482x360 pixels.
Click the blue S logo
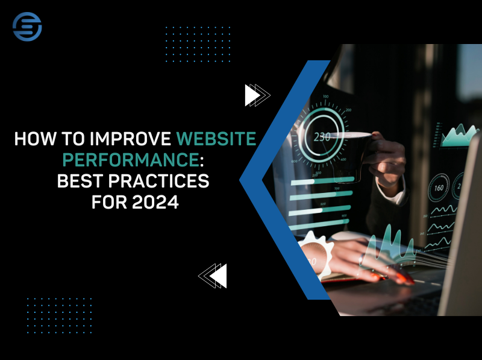coord(27,27)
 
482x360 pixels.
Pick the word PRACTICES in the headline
coord(167,180)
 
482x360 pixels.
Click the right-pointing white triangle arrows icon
coord(256,95)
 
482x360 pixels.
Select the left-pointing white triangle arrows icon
coord(213,276)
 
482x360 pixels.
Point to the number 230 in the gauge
coord(322,137)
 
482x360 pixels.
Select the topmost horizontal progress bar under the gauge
coord(319,180)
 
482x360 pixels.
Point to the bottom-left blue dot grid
coord(58,315)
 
